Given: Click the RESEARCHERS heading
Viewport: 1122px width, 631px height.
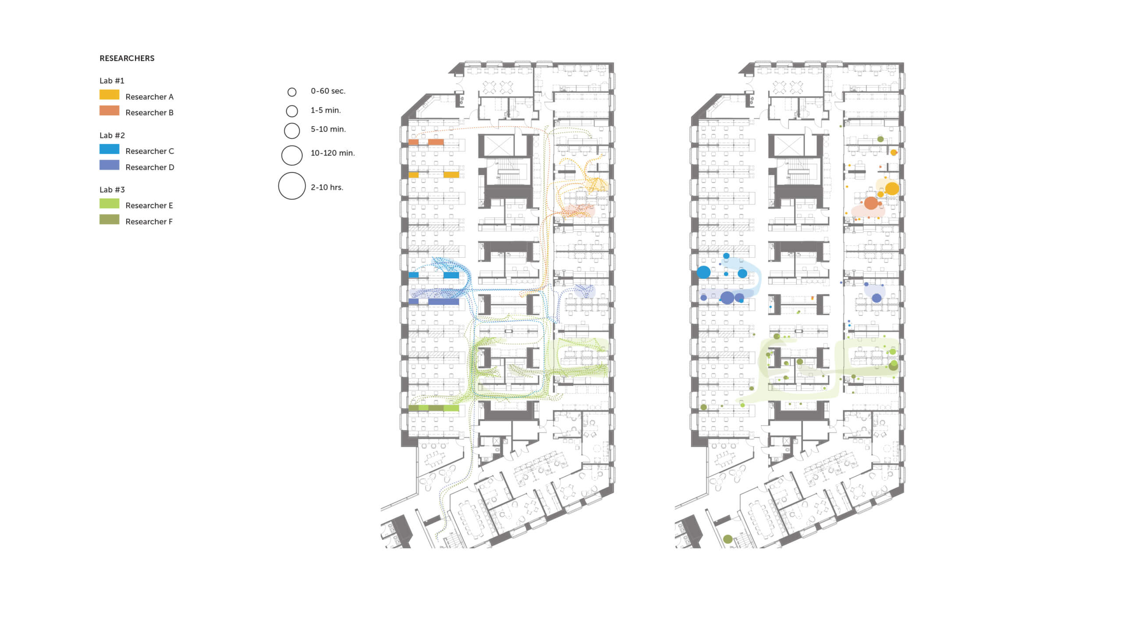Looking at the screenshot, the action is coord(127,58).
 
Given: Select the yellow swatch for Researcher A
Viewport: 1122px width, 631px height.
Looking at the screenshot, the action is coord(109,95).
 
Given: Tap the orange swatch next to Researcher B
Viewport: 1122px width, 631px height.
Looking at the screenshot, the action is coord(109,110).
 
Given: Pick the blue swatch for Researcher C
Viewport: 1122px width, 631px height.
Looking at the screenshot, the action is coord(109,149).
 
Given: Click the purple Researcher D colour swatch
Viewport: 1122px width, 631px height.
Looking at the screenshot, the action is coord(109,165).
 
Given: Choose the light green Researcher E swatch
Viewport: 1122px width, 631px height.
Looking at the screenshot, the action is coord(109,203).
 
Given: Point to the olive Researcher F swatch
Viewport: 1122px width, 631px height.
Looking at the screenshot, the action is coord(109,219).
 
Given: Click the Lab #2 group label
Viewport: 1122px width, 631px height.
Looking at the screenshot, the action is coord(112,135).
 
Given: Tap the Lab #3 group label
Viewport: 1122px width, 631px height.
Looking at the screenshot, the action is coord(112,190).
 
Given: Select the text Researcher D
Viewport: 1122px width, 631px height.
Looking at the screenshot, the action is coord(149,167).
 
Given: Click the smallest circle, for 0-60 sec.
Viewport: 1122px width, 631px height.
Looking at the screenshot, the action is coord(292,92).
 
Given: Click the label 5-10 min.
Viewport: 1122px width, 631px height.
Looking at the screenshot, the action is coord(328,129).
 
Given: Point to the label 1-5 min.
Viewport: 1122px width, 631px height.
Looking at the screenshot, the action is coord(326,110).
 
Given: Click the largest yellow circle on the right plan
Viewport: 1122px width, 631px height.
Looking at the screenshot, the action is coord(892,189).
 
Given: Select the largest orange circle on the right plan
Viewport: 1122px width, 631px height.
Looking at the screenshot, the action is coord(871,203).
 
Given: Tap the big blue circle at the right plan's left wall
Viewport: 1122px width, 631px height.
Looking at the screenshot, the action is coord(704,272).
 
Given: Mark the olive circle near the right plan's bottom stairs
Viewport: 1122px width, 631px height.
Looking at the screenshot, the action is coord(728,539).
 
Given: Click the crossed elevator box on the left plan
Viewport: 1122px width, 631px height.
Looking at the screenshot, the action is coord(498,145).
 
